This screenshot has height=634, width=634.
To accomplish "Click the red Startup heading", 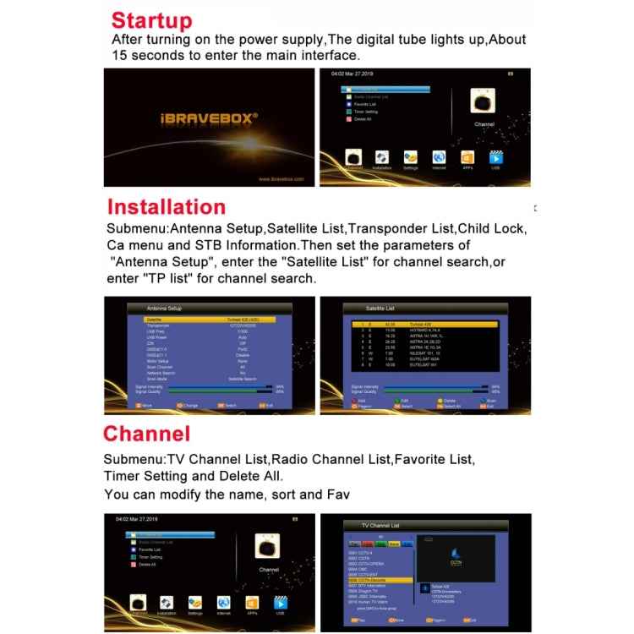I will point(152,20).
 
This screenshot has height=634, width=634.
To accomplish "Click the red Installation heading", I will point(166,207).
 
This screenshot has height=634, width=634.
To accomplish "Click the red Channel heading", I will point(146,434).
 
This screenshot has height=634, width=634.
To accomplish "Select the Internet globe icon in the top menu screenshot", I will point(439,157).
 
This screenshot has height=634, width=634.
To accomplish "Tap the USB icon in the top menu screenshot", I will point(496,157).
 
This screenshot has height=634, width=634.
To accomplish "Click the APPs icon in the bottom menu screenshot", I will point(252,603).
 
